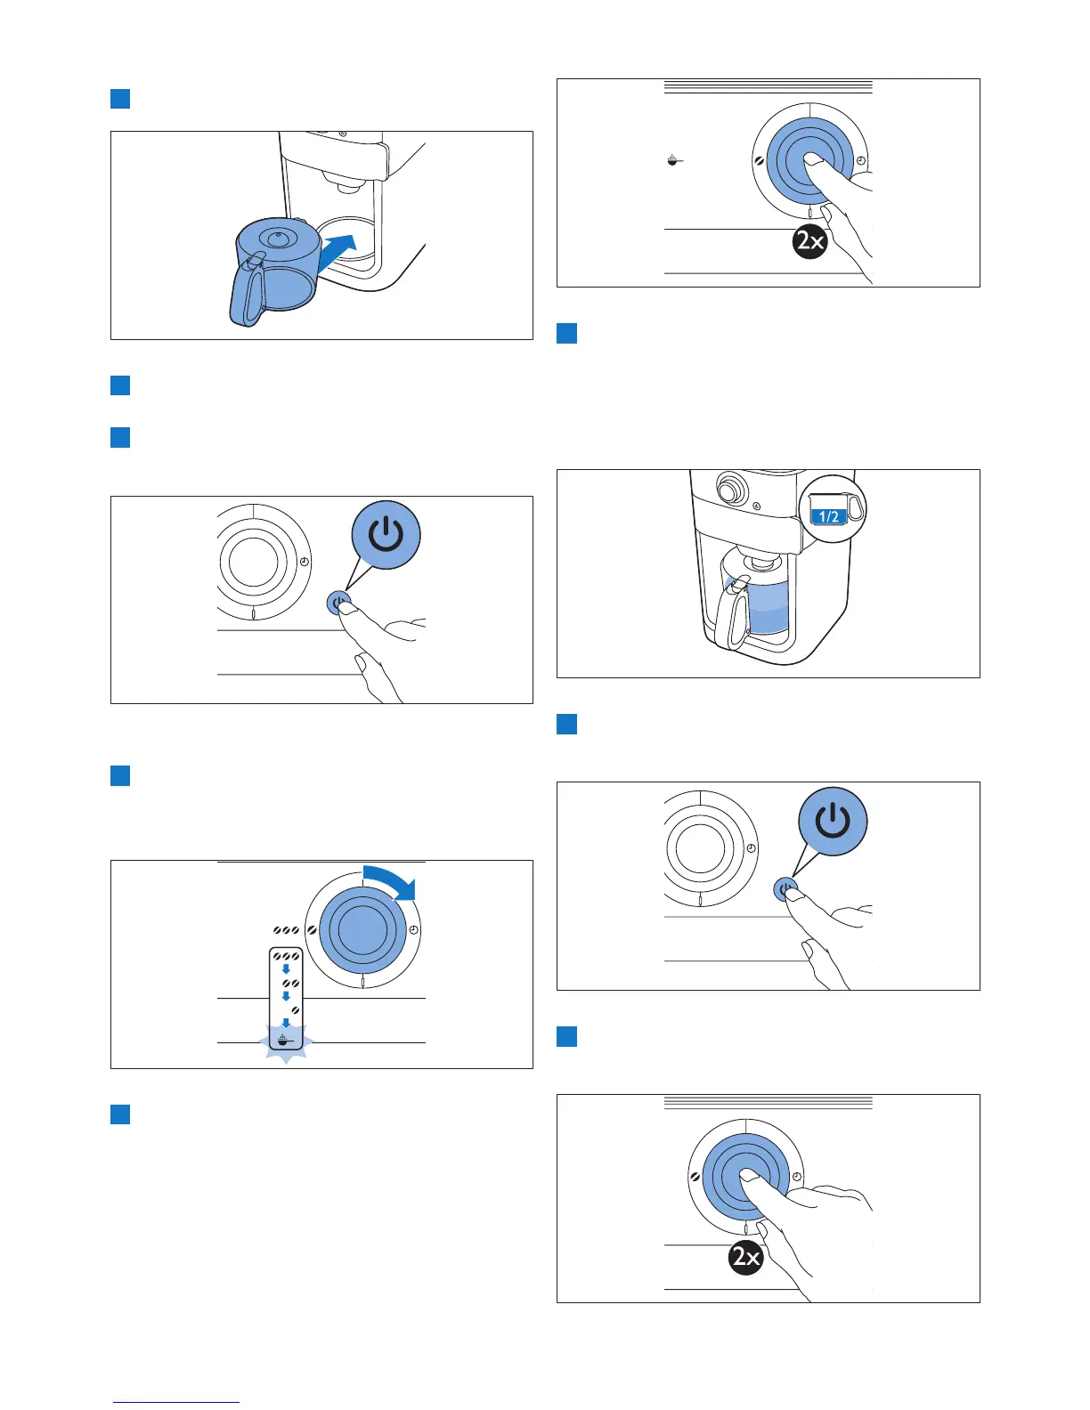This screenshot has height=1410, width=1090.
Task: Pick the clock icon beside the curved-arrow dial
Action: coord(414,930)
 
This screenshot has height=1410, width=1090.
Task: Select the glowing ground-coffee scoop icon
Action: coord(286,1041)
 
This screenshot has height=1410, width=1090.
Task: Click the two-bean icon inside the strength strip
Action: coord(290,984)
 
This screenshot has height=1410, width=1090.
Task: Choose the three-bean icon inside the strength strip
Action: coord(287,955)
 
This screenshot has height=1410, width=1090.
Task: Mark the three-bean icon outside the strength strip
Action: coord(286,928)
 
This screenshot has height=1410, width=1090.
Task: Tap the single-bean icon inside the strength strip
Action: coord(294,1011)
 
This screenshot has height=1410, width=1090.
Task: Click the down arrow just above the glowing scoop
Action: coord(286,1024)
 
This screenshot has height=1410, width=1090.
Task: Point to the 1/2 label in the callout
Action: coord(828,516)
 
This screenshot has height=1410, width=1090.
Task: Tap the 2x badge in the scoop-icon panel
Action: coord(810,242)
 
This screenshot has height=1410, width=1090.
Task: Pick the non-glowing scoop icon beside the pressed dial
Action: coord(674,161)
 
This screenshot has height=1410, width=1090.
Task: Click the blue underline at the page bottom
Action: coord(175,1403)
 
